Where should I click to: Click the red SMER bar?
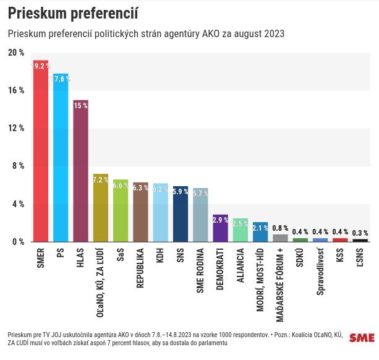coord(40,155)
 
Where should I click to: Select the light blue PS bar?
coord(61,161)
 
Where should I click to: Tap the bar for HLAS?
coord(80,173)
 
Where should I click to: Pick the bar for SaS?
coord(121,213)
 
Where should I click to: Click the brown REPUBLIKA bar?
coord(140,215)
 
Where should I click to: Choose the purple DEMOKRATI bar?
coord(220,230)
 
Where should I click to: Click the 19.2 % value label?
coord(41,66)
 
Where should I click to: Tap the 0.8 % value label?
coord(280,228)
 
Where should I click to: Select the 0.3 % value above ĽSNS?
coord(360,233)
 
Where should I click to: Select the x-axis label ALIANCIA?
coord(241,267)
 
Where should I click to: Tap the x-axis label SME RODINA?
coord(200,272)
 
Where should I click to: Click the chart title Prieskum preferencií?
coord(72,12)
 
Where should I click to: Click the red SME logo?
coord(362,338)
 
